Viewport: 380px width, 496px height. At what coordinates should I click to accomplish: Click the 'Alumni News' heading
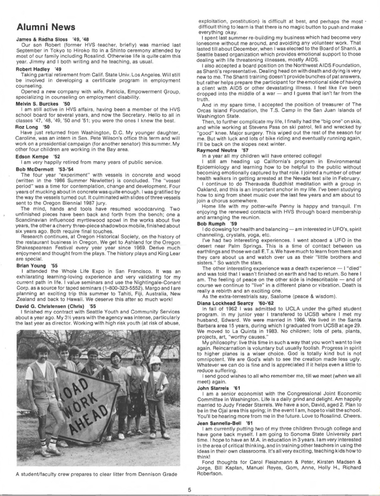[46, 27]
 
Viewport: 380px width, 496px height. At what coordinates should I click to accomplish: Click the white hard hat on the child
[155, 360]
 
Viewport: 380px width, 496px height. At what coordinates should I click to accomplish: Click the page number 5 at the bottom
[190, 490]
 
